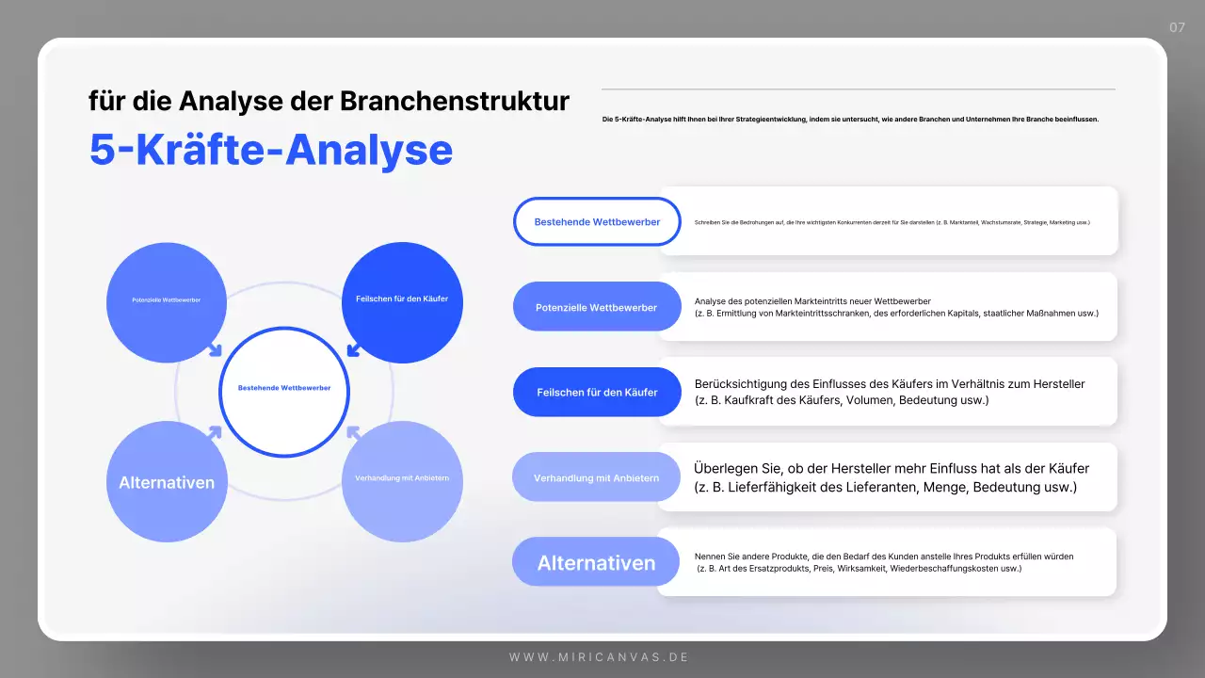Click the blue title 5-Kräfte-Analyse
pyautogui.click(x=271, y=151)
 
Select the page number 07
pyautogui.click(x=1177, y=27)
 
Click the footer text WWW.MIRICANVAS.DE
pyautogui.click(x=600, y=656)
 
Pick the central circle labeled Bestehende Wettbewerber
pyautogui.click(x=284, y=391)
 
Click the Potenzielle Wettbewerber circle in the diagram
pyautogui.click(x=167, y=301)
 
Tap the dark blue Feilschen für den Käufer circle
pyautogui.click(x=402, y=301)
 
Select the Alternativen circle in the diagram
pyautogui.click(x=167, y=482)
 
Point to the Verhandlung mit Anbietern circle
pyautogui.click(x=402, y=480)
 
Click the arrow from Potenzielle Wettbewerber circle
pyautogui.click(x=215, y=350)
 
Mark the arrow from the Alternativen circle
pyautogui.click(x=215, y=432)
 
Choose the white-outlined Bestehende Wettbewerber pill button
pyautogui.click(x=597, y=222)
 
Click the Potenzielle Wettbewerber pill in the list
pyautogui.click(x=596, y=307)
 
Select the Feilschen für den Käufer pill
pyautogui.click(x=597, y=392)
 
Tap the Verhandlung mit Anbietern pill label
pyautogui.click(x=596, y=477)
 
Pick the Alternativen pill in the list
pyautogui.click(x=596, y=563)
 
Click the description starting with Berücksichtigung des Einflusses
pyautogui.click(x=890, y=392)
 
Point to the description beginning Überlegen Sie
pyautogui.click(x=891, y=477)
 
